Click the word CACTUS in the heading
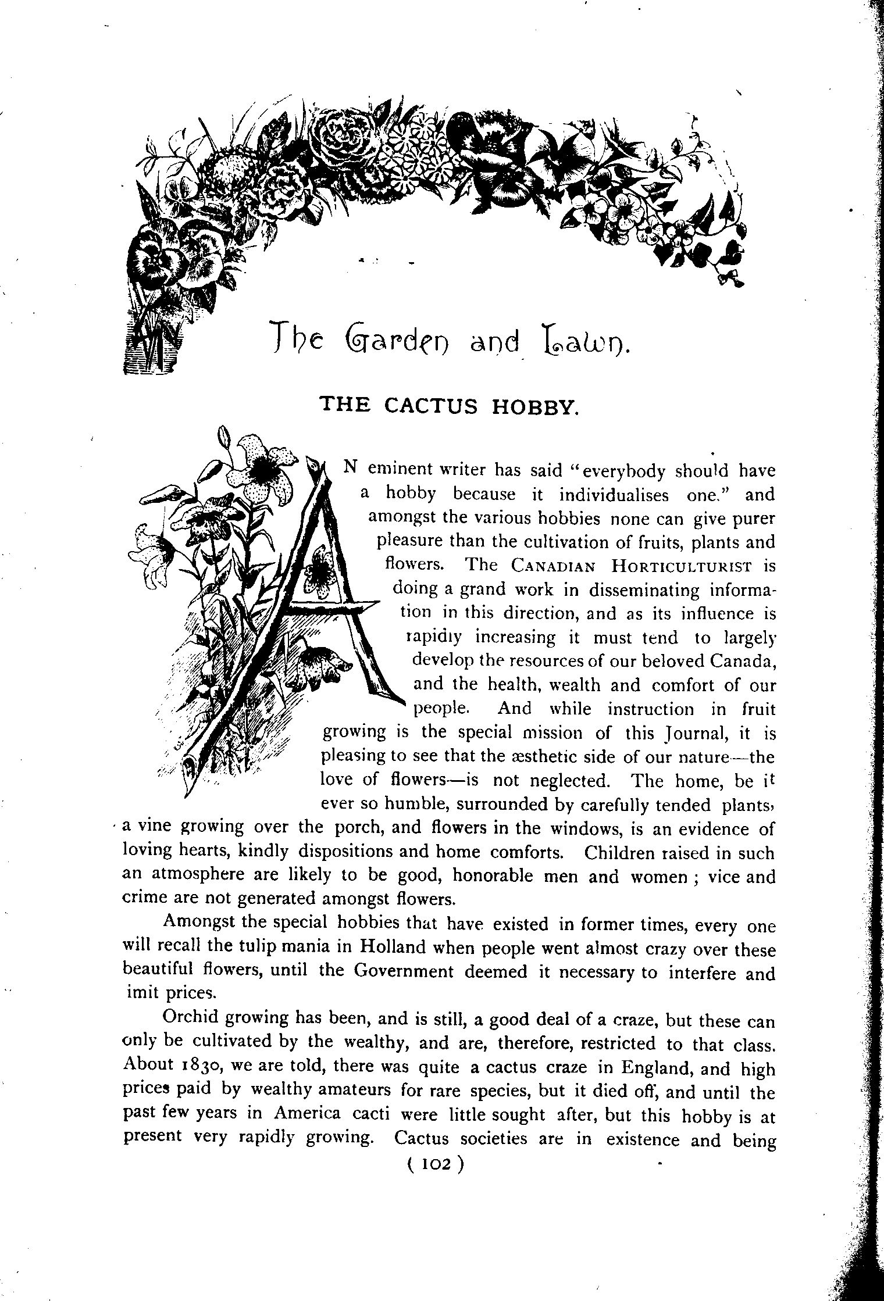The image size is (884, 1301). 430,405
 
